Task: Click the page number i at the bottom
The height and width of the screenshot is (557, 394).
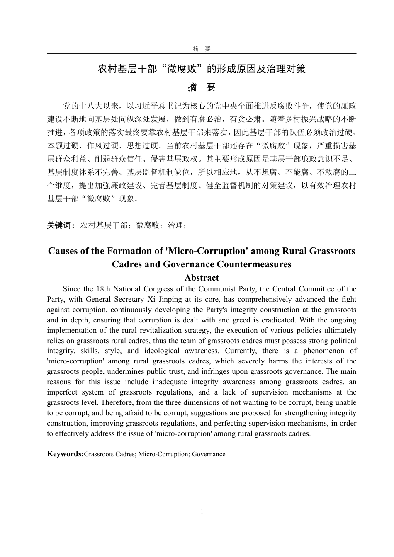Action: (202, 512)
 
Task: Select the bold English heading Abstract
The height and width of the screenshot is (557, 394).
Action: (202, 278)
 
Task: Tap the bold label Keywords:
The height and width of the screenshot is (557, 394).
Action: (65, 454)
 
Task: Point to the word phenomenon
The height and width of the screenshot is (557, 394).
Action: (331, 351)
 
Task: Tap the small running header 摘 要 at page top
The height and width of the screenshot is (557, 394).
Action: (202, 49)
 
